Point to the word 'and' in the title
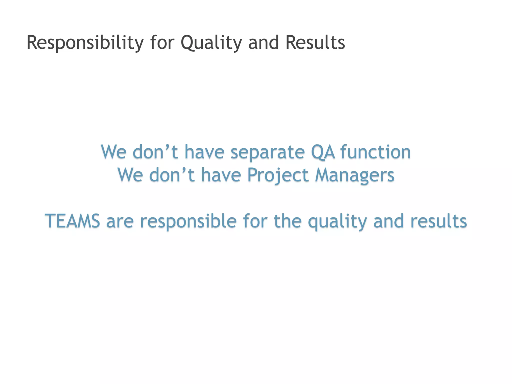click(x=263, y=42)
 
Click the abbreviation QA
click(x=323, y=152)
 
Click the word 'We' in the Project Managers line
click(x=130, y=175)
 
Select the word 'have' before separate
click(x=204, y=152)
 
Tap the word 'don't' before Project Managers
click(x=172, y=175)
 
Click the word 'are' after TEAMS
click(x=120, y=221)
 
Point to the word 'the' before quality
click(x=288, y=221)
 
